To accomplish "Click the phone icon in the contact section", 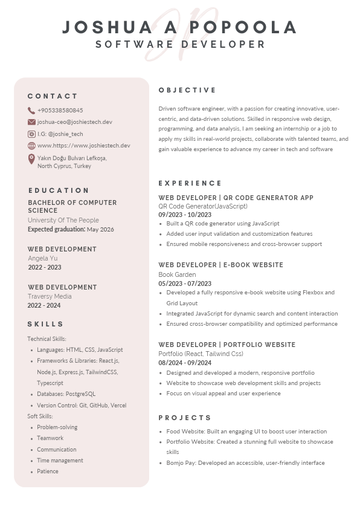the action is [x=31, y=111].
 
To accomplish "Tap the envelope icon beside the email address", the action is [x=31, y=122].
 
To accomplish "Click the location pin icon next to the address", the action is [x=31, y=159].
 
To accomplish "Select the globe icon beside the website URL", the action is [x=31, y=146].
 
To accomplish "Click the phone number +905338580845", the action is [x=60, y=111].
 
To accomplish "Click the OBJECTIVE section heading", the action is [x=187, y=90].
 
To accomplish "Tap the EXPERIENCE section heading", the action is [x=190, y=183].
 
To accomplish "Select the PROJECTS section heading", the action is [x=185, y=418].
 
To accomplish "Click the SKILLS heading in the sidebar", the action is [x=45, y=324].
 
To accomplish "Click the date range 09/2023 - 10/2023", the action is [x=185, y=215].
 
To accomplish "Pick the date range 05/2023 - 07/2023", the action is [x=185, y=284].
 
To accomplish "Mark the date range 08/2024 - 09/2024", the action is [x=185, y=363].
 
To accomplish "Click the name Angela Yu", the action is [x=43, y=258].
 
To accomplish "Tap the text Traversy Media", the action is [x=50, y=296].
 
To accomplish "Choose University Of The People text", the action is [x=63, y=220].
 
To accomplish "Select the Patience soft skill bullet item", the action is [x=48, y=472].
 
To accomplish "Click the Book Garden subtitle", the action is [x=177, y=274].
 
